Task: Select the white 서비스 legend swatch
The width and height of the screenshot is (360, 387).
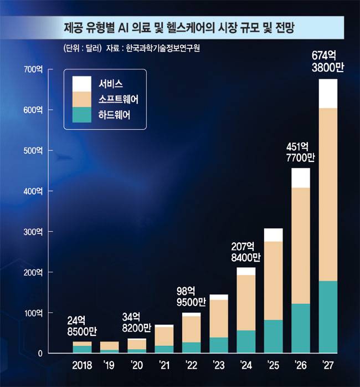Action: pos(81,84)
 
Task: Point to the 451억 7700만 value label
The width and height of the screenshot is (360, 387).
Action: pos(301,152)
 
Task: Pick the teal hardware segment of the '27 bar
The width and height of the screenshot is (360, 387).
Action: pos(328,317)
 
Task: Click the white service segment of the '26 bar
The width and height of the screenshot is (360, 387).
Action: pos(301,177)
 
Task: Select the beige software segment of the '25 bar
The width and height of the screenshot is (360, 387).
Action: pos(274,281)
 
